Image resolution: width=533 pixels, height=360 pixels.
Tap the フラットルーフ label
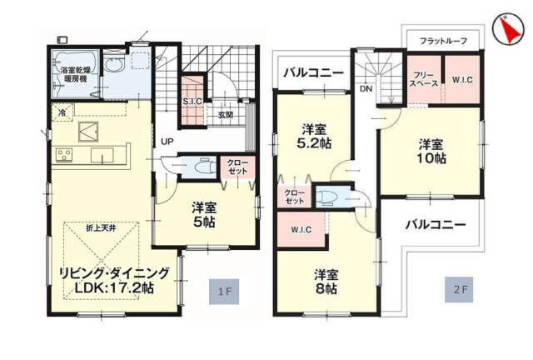click(x=443, y=41)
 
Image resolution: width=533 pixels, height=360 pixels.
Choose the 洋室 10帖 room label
click(x=431, y=150)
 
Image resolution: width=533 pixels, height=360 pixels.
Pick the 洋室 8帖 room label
click(x=326, y=282)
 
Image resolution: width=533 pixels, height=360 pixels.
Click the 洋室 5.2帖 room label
click(x=313, y=137)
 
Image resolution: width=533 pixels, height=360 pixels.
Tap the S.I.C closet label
click(x=192, y=101)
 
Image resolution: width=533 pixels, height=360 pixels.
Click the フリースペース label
click(x=423, y=80)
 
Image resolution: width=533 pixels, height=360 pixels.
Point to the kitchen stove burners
click(x=63, y=156)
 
